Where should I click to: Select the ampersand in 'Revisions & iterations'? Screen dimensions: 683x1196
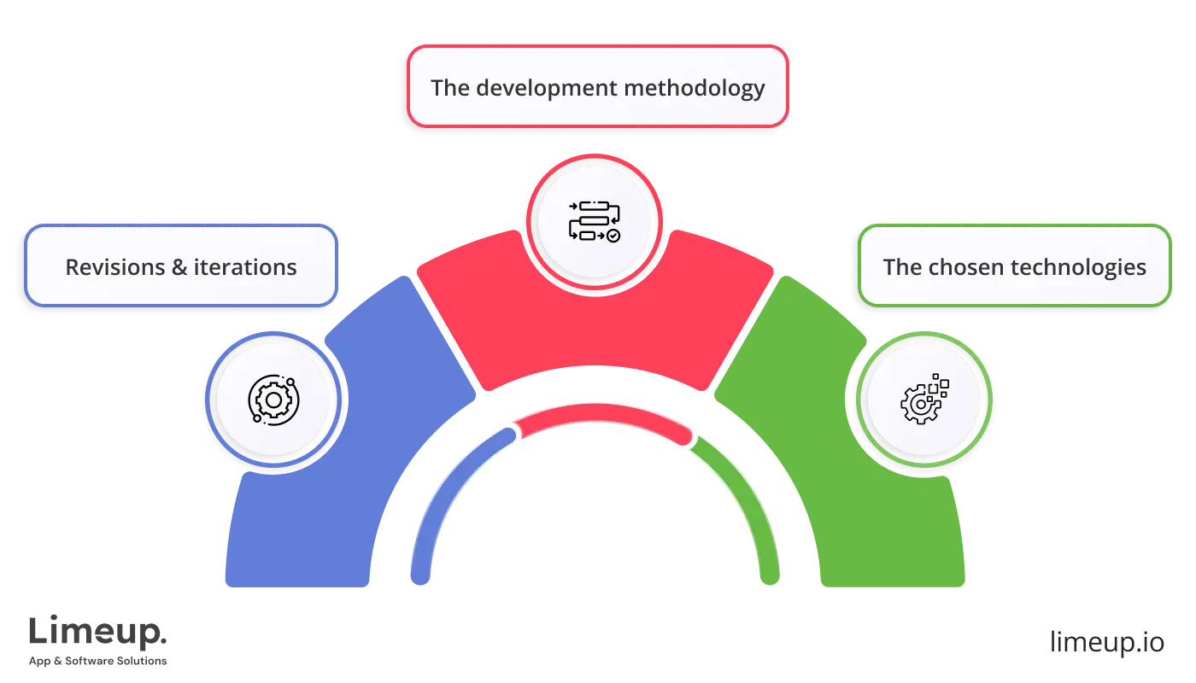pyautogui.click(x=179, y=267)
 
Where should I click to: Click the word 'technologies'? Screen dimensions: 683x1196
pyautogui.click(x=1079, y=267)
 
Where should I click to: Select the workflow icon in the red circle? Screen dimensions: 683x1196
pyautogui.click(x=595, y=220)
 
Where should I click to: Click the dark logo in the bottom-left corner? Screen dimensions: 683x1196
pyautogui.click(x=98, y=640)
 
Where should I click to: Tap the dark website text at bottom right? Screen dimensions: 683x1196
pyautogui.click(x=1106, y=643)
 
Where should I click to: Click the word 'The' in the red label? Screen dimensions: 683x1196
pyautogui.click(x=448, y=88)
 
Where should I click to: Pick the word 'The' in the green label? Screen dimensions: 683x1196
pyautogui.click(x=901, y=267)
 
